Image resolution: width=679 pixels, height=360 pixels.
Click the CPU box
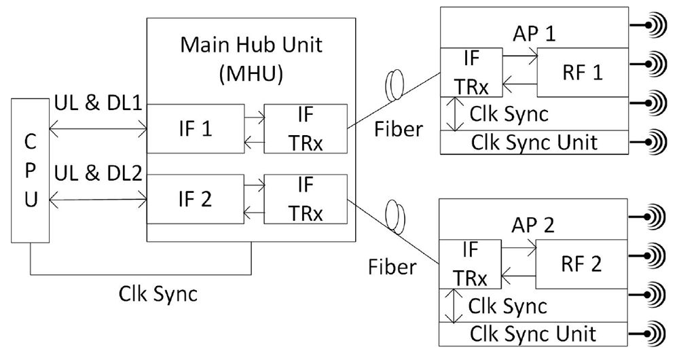[31, 170]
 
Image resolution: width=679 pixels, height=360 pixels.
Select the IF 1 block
[196, 128]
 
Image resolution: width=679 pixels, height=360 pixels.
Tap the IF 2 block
[196, 199]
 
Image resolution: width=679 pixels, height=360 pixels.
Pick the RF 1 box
[583, 73]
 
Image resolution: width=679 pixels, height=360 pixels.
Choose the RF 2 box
[582, 264]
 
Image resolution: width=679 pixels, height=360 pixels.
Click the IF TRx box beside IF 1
[306, 128]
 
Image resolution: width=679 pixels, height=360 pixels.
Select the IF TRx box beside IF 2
[306, 199]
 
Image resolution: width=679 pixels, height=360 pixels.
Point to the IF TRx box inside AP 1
[472, 73]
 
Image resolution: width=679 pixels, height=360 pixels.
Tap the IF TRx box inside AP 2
[471, 264]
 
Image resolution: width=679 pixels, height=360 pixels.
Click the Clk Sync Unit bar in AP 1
[534, 142]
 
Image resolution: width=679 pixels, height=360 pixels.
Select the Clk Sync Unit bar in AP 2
[533, 334]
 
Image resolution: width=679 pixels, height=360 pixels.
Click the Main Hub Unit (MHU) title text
[251, 59]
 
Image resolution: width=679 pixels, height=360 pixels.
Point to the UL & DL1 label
[98, 103]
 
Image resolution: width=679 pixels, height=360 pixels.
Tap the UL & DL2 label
[98, 173]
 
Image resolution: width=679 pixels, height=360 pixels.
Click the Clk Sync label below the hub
[158, 294]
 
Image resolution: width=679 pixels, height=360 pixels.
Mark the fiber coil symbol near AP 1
[394, 85]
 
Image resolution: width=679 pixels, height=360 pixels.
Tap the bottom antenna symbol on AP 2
[647, 334]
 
